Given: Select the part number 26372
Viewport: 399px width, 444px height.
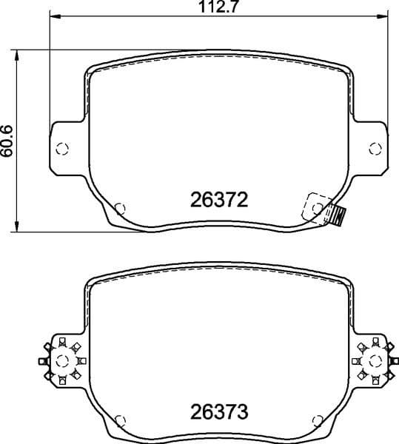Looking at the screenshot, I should click(218, 199).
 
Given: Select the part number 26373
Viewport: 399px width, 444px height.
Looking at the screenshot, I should click(218, 410).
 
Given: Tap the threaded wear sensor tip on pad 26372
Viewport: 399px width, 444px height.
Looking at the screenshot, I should click(340, 216).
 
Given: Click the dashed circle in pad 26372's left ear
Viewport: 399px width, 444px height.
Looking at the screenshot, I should click(62, 149).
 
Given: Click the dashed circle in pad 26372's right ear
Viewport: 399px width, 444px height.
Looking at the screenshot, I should click(375, 149).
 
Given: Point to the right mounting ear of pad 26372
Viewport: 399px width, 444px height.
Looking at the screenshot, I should click(370, 149).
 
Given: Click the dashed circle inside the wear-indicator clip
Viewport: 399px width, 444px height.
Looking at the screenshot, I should click(317, 209).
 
